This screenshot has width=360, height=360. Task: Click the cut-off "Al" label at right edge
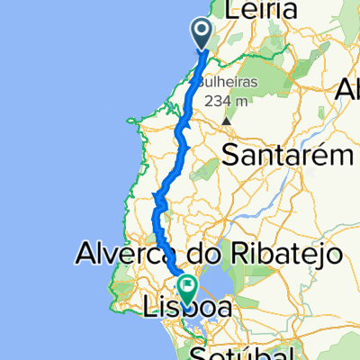348,90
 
